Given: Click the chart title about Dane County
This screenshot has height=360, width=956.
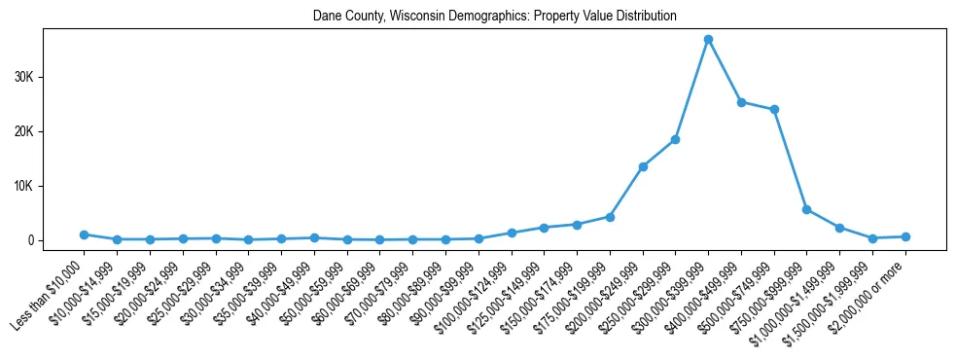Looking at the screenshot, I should coord(494,17).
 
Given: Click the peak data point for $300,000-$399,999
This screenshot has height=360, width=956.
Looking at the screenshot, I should coord(708,40).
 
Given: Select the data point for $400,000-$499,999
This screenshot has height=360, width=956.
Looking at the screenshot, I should coord(741,102).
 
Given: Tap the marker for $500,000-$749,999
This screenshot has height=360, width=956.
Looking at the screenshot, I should coord(774,110).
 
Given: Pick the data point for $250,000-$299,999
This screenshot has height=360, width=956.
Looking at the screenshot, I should coord(675,140).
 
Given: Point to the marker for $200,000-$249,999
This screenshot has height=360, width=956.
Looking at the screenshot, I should coord(643,166).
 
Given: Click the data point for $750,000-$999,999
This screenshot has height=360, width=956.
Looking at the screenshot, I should coord(806,209).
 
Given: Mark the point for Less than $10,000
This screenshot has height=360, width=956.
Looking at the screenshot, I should coord(85,234).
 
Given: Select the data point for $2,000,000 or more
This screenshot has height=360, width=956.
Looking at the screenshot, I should coord(905,236).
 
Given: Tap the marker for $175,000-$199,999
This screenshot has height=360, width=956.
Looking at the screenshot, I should coord(610,217).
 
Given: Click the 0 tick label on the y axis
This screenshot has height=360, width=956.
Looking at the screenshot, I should coord(30,240).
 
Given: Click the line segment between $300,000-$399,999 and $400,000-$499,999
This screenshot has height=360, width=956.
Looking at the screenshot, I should coord(725,71).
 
